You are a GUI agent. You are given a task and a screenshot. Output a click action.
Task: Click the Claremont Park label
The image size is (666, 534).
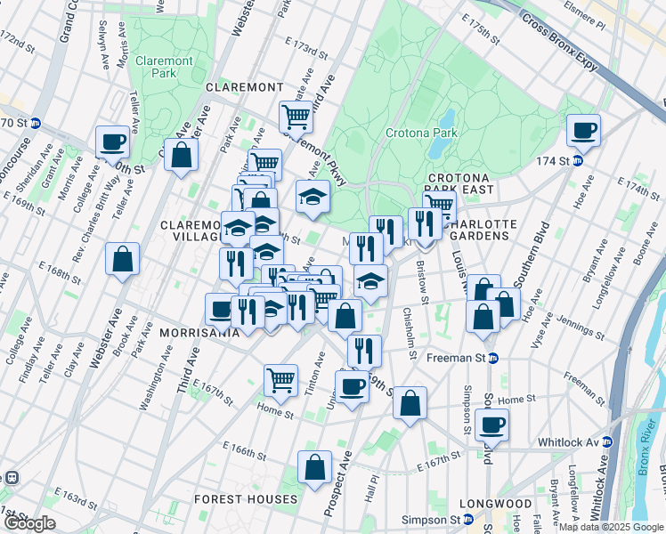click(x=164, y=68)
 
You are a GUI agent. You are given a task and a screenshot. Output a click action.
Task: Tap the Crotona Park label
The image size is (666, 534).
click(x=420, y=133)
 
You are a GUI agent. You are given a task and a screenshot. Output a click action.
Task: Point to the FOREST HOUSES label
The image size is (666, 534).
click(x=246, y=499)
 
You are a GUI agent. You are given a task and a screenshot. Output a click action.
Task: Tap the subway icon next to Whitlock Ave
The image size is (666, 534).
click(x=609, y=442)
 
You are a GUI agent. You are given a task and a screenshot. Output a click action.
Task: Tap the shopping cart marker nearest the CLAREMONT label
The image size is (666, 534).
click(x=296, y=116)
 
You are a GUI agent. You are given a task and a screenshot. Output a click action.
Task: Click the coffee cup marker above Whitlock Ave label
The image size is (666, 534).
click(x=491, y=424)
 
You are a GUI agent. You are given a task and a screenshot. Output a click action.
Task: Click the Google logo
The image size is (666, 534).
click(x=29, y=523)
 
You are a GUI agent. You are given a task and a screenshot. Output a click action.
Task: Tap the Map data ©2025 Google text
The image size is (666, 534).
click(x=610, y=527)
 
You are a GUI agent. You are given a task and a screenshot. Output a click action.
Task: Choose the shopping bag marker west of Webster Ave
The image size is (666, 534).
click(x=123, y=260)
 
